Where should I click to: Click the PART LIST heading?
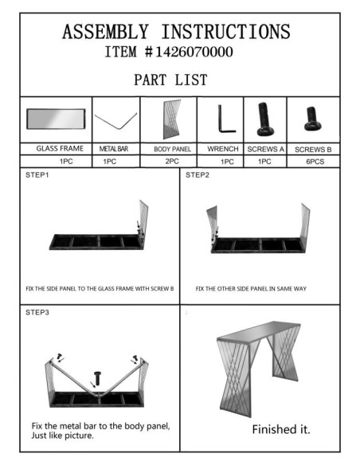click(x=170, y=80)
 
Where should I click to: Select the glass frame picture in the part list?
click(x=56, y=119)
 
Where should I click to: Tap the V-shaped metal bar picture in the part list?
click(x=116, y=121)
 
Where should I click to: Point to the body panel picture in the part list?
click(x=172, y=119)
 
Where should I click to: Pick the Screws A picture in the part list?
click(x=264, y=119)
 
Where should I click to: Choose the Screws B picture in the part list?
click(x=312, y=119)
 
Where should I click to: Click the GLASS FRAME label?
click(x=60, y=149)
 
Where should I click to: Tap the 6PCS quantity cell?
click(x=315, y=162)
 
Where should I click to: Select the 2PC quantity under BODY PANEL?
click(x=172, y=162)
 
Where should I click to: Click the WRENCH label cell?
click(x=223, y=149)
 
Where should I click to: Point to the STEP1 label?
click(x=37, y=175)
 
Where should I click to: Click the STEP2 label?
click(x=198, y=175)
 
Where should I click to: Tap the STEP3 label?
click(x=37, y=312)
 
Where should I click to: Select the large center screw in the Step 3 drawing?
click(x=97, y=378)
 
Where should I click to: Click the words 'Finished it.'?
click(x=281, y=429)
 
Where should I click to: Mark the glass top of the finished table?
click(x=259, y=330)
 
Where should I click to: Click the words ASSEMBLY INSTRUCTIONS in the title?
click(x=176, y=32)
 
